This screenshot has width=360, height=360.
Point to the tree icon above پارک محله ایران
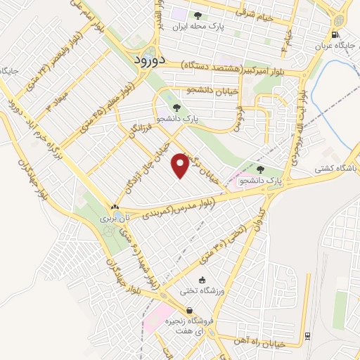pos(198,15)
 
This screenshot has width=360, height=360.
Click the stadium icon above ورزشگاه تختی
pos(202,280)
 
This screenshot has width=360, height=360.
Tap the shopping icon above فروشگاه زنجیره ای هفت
pos(188,310)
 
